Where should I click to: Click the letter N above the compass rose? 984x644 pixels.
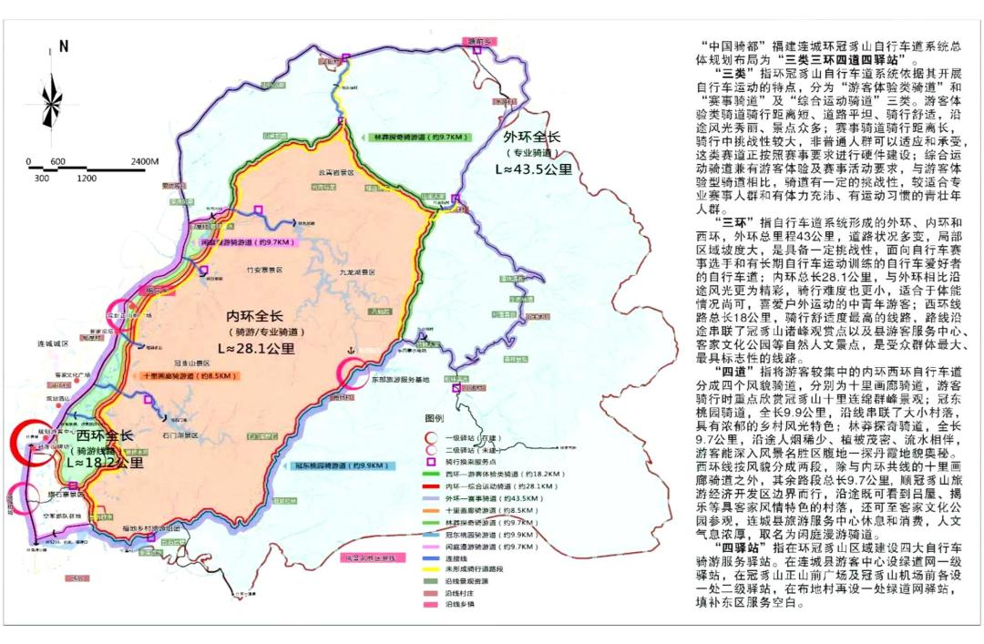click(63, 46)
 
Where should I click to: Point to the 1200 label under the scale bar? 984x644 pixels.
click(87, 179)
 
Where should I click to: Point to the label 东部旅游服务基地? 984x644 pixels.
click(384, 376)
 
